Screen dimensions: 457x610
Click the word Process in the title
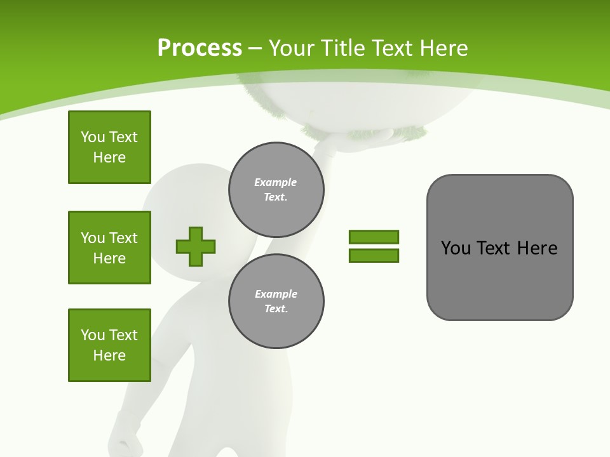tap(200, 48)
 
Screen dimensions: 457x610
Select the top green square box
tap(109, 147)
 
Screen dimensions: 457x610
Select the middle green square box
tap(109, 248)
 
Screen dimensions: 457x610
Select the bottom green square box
tap(109, 345)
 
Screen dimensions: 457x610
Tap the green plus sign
tap(196, 246)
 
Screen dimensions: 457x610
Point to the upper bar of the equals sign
tap(374, 237)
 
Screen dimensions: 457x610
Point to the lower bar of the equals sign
tap(374, 255)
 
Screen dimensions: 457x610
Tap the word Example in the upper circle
tap(275, 182)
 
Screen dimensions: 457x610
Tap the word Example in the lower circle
tap(276, 294)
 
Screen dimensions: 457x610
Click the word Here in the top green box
tap(109, 157)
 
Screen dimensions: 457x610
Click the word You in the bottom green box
tap(93, 335)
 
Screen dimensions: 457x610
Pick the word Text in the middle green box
tap(123, 238)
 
